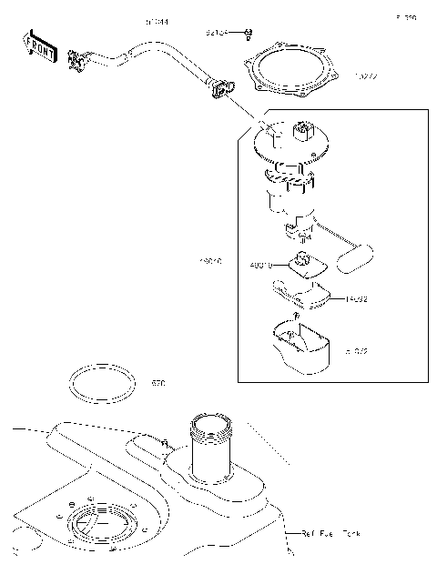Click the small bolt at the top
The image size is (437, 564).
point(249,35)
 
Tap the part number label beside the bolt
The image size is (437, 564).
point(217,34)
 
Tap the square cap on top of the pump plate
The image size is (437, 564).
point(302,134)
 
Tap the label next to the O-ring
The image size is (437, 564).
point(158,384)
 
